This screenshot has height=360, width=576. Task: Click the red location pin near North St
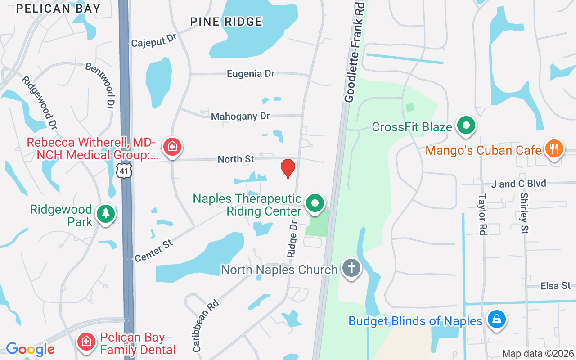click(x=288, y=168)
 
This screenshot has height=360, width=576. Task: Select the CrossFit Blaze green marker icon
click(x=467, y=126)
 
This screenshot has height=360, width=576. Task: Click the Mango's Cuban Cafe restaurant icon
click(x=554, y=148)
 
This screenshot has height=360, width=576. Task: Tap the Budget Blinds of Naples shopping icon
click(x=497, y=319)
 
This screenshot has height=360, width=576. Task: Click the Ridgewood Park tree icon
click(x=106, y=213)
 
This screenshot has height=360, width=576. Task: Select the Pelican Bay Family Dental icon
click(x=86, y=342)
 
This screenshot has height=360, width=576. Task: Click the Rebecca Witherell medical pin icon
click(x=172, y=146)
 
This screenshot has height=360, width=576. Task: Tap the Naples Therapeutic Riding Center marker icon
click(x=315, y=203)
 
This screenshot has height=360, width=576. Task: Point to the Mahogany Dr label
click(x=241, y=116)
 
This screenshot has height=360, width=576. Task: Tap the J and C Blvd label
click(x=518, y=184)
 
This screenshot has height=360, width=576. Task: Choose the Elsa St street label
click(x=556, y=286)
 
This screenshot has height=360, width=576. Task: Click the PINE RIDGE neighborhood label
click(x=226, y=21)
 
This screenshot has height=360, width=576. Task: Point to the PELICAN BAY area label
click(x=58, y=8)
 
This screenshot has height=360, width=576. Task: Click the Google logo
click(x=30, y=349)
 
